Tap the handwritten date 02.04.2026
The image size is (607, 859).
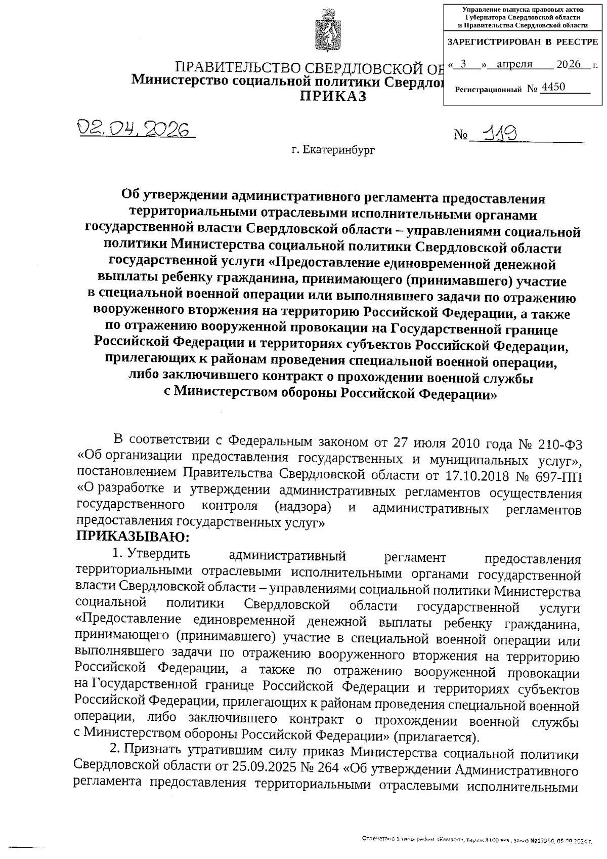pos(135,130)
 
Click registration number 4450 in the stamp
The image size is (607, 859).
pos(553,87)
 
